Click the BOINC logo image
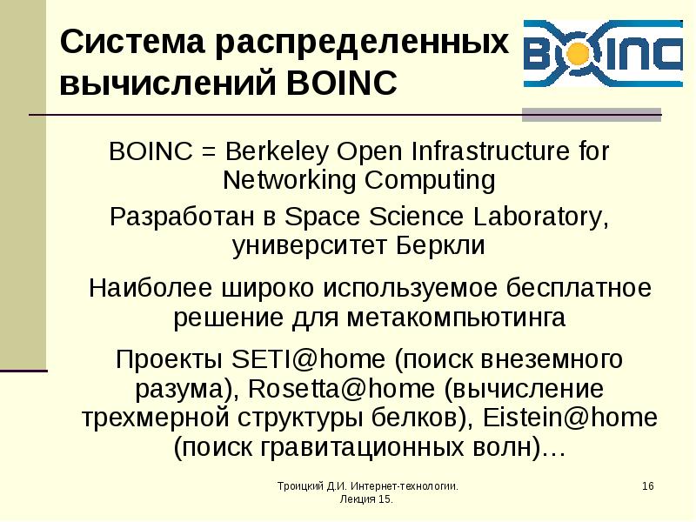tap(602, 54)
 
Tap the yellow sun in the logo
tap(572, 54)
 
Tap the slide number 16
tap(647, 485)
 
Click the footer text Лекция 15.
tap(367, 501)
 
